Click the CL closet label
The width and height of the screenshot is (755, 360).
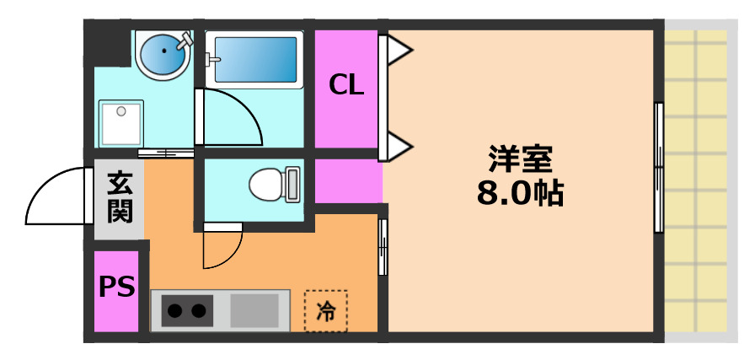346,84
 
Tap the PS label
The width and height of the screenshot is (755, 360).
117,287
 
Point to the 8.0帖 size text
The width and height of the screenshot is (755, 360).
520,194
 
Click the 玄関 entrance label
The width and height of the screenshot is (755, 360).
120,196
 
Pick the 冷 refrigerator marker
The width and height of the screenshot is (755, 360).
325,311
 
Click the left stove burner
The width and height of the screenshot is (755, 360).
174,311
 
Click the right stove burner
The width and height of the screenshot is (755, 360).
199,311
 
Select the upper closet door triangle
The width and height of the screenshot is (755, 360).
399,52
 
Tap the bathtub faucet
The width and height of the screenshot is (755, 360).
212,58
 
